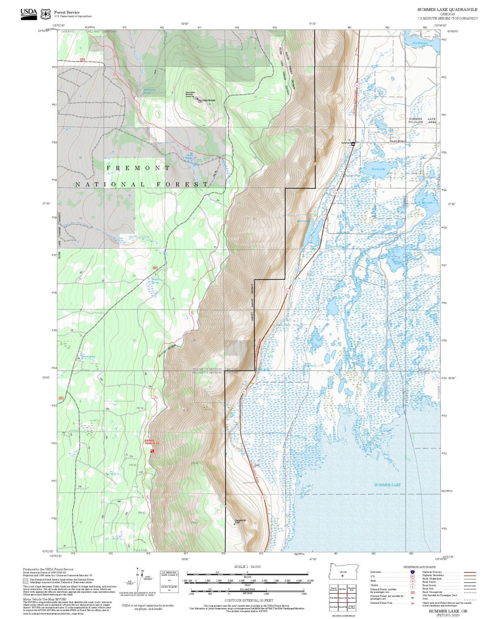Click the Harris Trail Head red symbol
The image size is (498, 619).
(x=152, y=451)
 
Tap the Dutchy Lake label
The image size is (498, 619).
(x=378, y=169)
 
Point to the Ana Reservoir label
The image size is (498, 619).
(x=420, y=43)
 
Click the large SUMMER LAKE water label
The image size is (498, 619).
(x=387, y=485)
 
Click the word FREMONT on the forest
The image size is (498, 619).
(x=138, y=168)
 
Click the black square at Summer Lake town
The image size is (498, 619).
(x=353, y=144)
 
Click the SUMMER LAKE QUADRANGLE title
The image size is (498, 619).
(x=447, y=10)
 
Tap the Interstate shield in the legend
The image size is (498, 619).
(x=412, y=572)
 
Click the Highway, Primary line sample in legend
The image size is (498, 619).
(x=470, y=572)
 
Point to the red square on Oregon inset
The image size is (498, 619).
(x=343, y=576)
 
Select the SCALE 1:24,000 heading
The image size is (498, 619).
(x=247, y=567)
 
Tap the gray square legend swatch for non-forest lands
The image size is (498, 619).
(x=26, y=581)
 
